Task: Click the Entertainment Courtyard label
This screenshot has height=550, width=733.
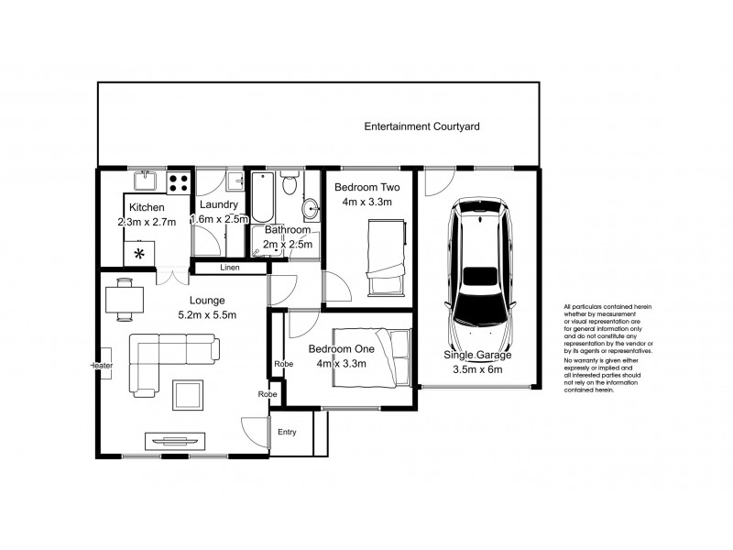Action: tap(421, 126)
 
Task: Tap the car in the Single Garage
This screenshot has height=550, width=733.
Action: tap(477, 266)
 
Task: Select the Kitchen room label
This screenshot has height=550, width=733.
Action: tap(147, 208)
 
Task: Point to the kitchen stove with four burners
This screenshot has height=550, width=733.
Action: tap(180, 181)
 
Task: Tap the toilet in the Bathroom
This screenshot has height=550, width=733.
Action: tap(290, 184)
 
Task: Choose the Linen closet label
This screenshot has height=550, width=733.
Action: tap(230, 268)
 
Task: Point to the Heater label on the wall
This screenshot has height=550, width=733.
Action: tap(101, 366)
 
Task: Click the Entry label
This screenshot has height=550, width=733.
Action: tap(287, 433)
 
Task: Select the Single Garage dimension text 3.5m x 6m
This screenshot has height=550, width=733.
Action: tap(477, 370)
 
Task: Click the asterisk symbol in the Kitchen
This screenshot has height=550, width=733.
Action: tap(140, 253)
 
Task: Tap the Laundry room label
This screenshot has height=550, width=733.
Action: tap(219, 204)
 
